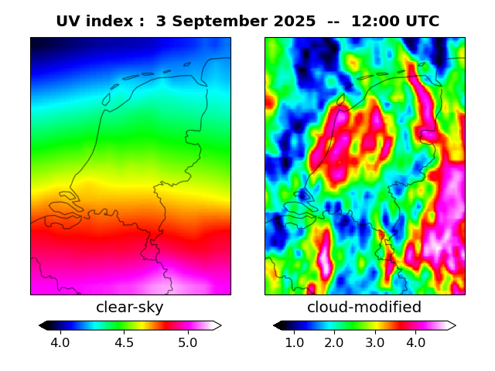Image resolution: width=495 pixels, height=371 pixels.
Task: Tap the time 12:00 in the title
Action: (x=375, y=22)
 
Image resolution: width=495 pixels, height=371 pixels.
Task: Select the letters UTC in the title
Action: (x=422, y=22)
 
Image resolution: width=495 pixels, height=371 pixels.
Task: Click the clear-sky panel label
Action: (x=130, y=308)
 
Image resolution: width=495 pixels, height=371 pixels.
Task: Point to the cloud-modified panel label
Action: (x=364, y=308)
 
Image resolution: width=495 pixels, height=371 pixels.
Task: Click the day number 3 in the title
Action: (x=161, y=22)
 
